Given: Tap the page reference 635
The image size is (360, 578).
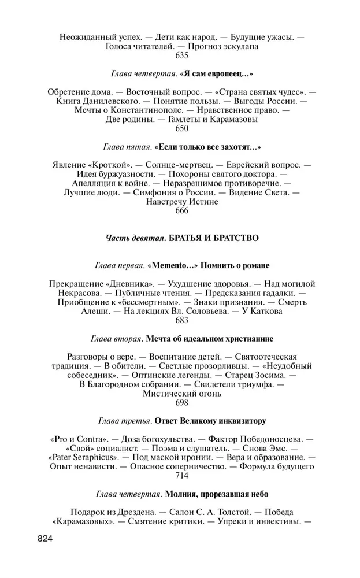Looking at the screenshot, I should [181, 56].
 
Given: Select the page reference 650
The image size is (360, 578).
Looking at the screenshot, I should [181, 129].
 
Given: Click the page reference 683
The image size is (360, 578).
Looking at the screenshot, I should [181, 320].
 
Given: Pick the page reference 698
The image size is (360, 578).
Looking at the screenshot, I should [181, 402].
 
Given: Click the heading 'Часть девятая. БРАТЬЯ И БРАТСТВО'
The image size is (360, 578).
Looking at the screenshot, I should [181, 238].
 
